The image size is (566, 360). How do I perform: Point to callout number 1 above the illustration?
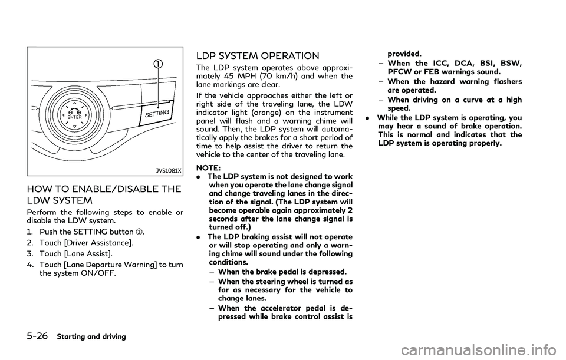pos(159,64)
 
